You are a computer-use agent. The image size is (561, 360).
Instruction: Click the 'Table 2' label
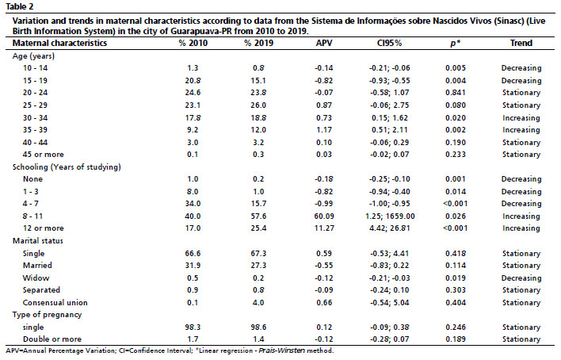pyautogui.click(x=19, y=6)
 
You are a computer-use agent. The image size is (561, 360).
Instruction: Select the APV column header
pyautogui.click(x=324, y=43)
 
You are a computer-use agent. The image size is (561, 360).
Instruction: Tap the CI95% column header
pyautogui.click(x=389, y=43)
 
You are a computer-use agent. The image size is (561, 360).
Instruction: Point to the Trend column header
pyautogui.click(x=521, y=43)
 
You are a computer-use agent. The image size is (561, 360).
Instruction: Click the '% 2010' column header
pyautogui.click(x=193, y=43)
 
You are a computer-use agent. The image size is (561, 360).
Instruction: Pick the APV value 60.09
pyautogui.click(x=324, y=216)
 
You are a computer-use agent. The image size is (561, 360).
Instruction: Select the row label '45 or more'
pyautogui.click(x=44, y=155)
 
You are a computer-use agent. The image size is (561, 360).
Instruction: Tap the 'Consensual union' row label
pyautogui.click(x=55, y=303)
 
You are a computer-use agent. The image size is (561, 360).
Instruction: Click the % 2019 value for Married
pyautogui.click(x=258, y=266)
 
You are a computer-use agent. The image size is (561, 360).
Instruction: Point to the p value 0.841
pyautogui.click(x=456, y=93)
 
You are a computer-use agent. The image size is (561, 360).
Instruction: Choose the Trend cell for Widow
pyautogui.click(x=521, y=278)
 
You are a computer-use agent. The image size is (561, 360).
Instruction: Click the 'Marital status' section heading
pyautogui.click(x=38, y=241)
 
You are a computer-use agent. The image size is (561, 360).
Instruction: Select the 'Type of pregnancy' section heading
pyautogui.click(x=48, y=315)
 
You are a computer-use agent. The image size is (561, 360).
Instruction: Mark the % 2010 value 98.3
pyautogui.click(x=193, y=327)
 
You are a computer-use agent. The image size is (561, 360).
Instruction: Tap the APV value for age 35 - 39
pyautogui.click(x=324, y=130)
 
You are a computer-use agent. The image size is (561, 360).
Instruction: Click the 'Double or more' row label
pyautogui.click(x=52, y=339)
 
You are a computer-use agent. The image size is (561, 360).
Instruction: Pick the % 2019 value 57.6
pyautogui.click(x=258, y=216)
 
